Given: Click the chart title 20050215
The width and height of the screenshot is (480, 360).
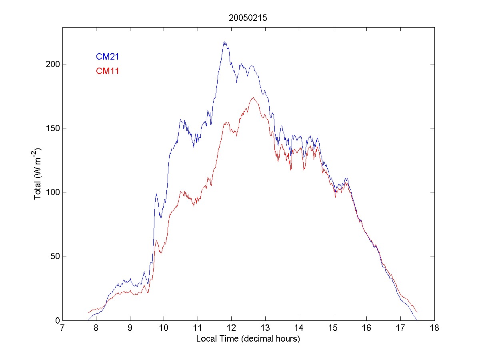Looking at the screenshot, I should pyautogui.click(x=248, y=18).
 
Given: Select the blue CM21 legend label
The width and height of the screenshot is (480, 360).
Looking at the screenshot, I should pyautogui.click(x=107, y=57).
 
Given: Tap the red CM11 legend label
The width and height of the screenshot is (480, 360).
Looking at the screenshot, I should pyautogui.click(x=107, y=71).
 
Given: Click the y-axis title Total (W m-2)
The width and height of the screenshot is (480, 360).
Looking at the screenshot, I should pyautogui.click(x=38, y=174).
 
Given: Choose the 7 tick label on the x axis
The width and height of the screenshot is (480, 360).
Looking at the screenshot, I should pyautogui.click(x=62, y=328).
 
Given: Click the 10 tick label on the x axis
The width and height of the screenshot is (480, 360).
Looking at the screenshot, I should pyautogui.click(x=164, y=328).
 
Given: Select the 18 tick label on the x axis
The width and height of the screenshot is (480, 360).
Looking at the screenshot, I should pyautogui.click(x=434, y=328).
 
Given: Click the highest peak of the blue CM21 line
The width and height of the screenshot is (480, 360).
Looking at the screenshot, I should pyautogui.click(x=225, y=41).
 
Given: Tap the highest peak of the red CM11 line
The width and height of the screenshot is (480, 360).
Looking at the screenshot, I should pyautogui.click(x=253, y=98).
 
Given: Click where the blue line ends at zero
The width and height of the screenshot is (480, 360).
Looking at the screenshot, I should pyautogui.click(x=417, y=320).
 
